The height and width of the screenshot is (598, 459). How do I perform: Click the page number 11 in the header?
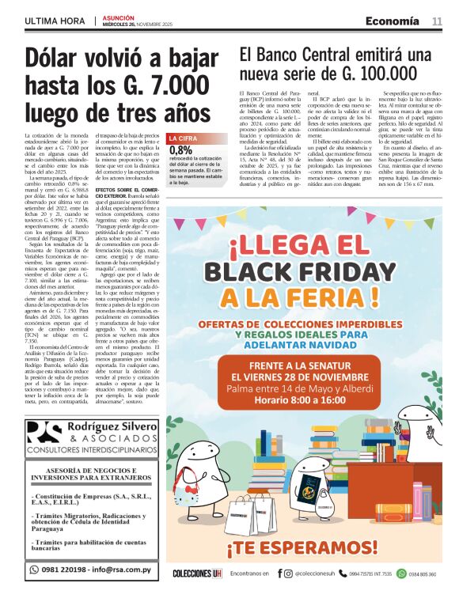point(437,21)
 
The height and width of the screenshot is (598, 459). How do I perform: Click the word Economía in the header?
point(393,21)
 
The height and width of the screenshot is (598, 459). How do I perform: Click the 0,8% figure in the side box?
point(180,171)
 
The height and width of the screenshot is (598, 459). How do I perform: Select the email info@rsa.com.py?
point(125,569)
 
